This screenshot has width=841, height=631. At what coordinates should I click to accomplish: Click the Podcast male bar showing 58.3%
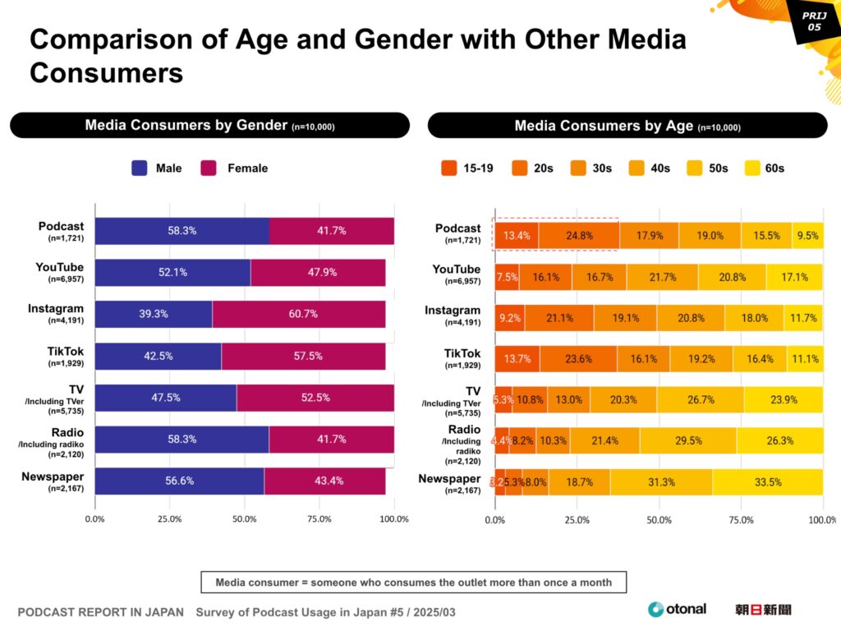pos(182,231)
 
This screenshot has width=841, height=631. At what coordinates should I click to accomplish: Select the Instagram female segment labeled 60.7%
pos(299,314)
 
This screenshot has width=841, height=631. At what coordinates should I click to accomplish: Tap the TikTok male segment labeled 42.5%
pos(158,356)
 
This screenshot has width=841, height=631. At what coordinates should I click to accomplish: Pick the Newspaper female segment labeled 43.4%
pos(325,481)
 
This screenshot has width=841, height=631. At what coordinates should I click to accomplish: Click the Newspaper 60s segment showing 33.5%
pos(767,482)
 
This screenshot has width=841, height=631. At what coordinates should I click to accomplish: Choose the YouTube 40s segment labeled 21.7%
pos(662,277)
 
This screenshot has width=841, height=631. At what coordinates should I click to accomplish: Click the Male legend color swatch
pos(140,168)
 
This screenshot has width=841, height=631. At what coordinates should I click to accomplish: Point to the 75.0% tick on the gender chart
pos(319,519)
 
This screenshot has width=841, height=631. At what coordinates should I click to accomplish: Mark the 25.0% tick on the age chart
pos(577,519)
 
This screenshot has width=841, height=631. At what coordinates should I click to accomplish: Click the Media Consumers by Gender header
pos(209,126)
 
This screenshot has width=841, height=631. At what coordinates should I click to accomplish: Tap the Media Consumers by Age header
pos(627,126)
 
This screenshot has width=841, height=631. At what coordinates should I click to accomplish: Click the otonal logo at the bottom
pos(677,609)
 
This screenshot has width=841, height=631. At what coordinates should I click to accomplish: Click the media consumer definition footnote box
pos(413,582)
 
